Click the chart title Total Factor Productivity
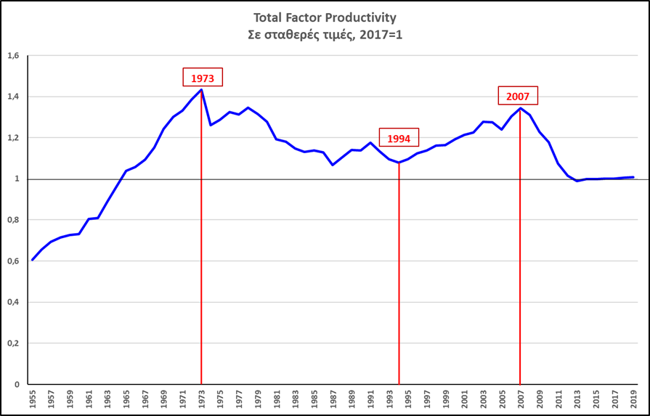point(325,17)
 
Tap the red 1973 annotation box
point(203,78)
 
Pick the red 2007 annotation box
point(519,96)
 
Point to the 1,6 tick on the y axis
point(13,55)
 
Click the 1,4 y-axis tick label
point(13,97)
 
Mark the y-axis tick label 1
point(16,179)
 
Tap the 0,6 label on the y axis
point(13,261)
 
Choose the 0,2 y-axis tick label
point(13,343)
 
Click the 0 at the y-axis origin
point(16,385)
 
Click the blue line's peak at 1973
point(201,89)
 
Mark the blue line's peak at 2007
point(520,108)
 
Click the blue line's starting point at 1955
point(33,260)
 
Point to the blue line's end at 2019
point(633,177)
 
